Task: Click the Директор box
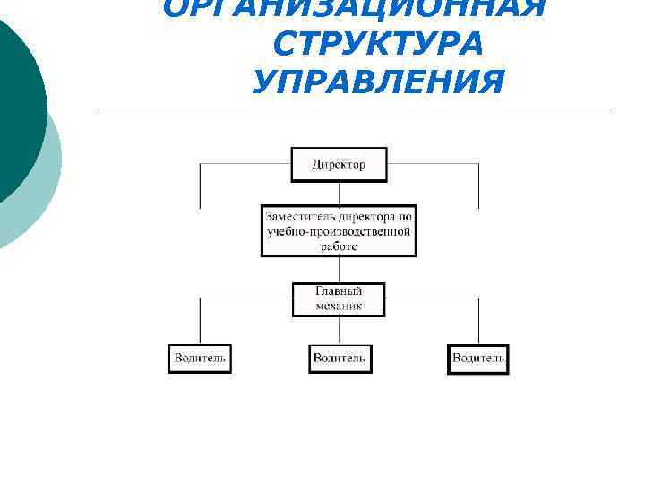[x=339, y=165]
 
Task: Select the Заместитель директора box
[x=339, y=230]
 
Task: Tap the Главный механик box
[x=339, y=299]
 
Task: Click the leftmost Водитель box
[x=200, y=359]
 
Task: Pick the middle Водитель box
[x=339, y=359]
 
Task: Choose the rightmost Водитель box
[x=477, y=359]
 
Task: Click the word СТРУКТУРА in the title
[x=381, y=44]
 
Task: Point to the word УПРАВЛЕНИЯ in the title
[x=379, y=82]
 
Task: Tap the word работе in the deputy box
[x=339, y=245]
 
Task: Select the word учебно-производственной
[x=339, y=231]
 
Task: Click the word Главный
[x=339, y=292]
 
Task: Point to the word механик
[x=339, y=307]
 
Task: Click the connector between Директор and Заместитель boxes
[x=339, y=194]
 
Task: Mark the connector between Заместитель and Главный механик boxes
[x=339, y=270]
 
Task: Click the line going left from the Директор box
[x=242, y=165]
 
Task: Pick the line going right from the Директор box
[x=434, y=165]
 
